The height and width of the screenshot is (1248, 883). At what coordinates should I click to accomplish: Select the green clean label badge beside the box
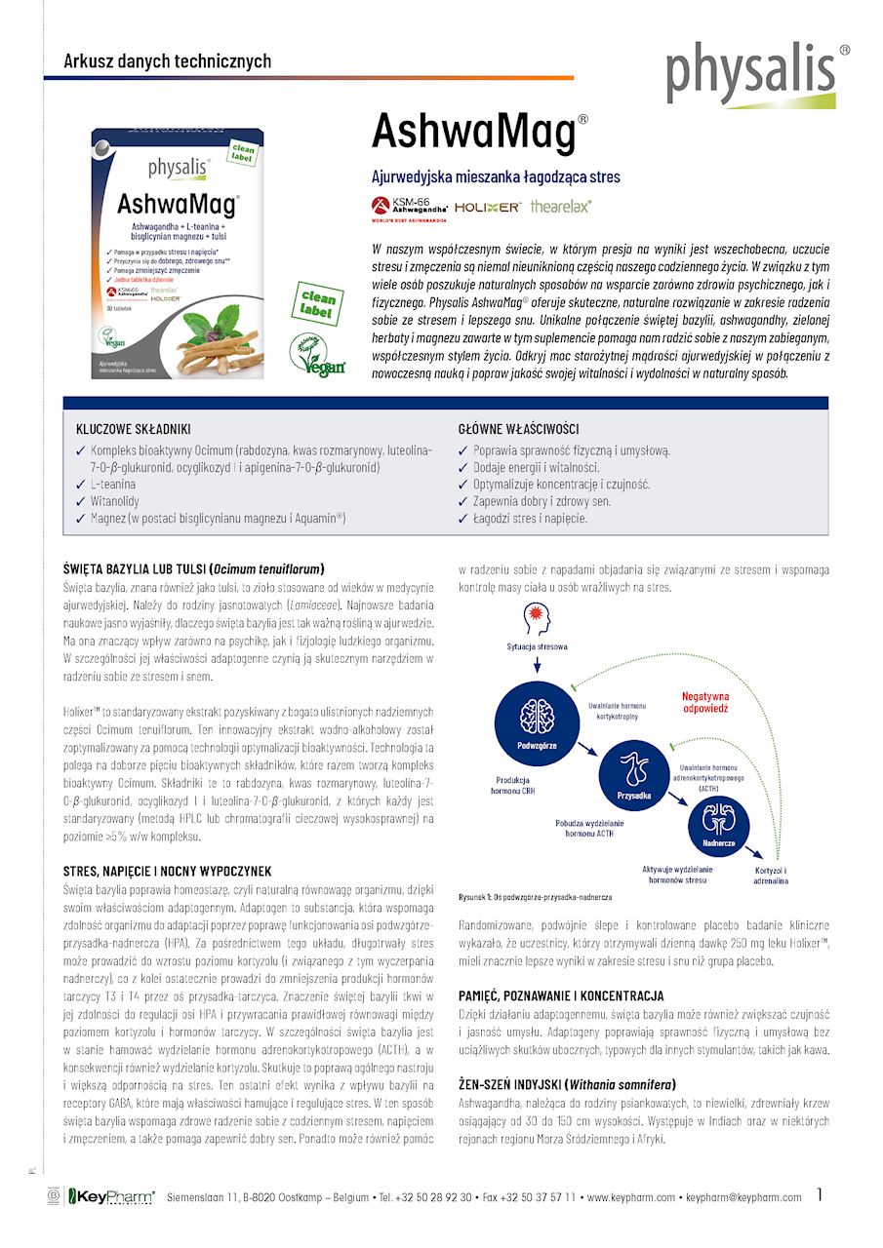[x=317, y=303]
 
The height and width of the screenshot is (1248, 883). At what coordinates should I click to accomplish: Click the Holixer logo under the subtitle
[x=488, y=208]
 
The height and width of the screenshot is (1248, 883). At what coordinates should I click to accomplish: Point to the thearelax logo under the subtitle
[x=560, y=207]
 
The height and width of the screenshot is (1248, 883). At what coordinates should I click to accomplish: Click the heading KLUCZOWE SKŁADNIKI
[x=133, y=429]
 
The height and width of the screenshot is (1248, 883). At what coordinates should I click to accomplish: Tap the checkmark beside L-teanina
[x=80, y=485]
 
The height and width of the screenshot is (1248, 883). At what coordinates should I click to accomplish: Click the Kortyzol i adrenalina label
[x=771, y=875]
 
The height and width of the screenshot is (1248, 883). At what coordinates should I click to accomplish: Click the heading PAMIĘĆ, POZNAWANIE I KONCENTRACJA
[x=561, y=995]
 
